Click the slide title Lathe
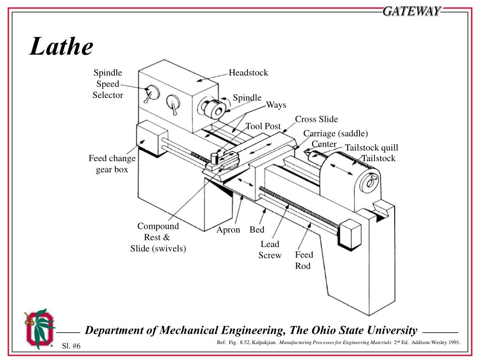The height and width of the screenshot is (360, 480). [61, 47]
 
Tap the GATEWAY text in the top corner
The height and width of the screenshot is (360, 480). [412, 11]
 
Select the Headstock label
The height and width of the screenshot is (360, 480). [248, 73]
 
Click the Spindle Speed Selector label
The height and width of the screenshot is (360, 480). [108, 84]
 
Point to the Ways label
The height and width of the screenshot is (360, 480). [276, 105]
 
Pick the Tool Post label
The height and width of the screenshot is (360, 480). [263, 126]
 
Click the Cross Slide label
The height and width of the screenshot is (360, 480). [316, 119]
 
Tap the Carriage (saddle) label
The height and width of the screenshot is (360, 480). [336, 134]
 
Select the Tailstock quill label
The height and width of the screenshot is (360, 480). [371, 148]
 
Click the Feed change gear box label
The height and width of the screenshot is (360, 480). [112, 164]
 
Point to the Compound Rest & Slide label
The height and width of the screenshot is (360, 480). [158, 237]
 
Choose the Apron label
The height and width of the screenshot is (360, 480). [228, 230]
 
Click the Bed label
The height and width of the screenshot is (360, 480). [257, 230]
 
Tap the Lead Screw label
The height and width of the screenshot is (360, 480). [270, 249]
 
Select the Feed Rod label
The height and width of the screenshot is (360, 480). [304, 260]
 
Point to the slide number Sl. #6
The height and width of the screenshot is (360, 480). [71, 346]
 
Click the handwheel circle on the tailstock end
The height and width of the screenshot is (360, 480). [369, 182]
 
